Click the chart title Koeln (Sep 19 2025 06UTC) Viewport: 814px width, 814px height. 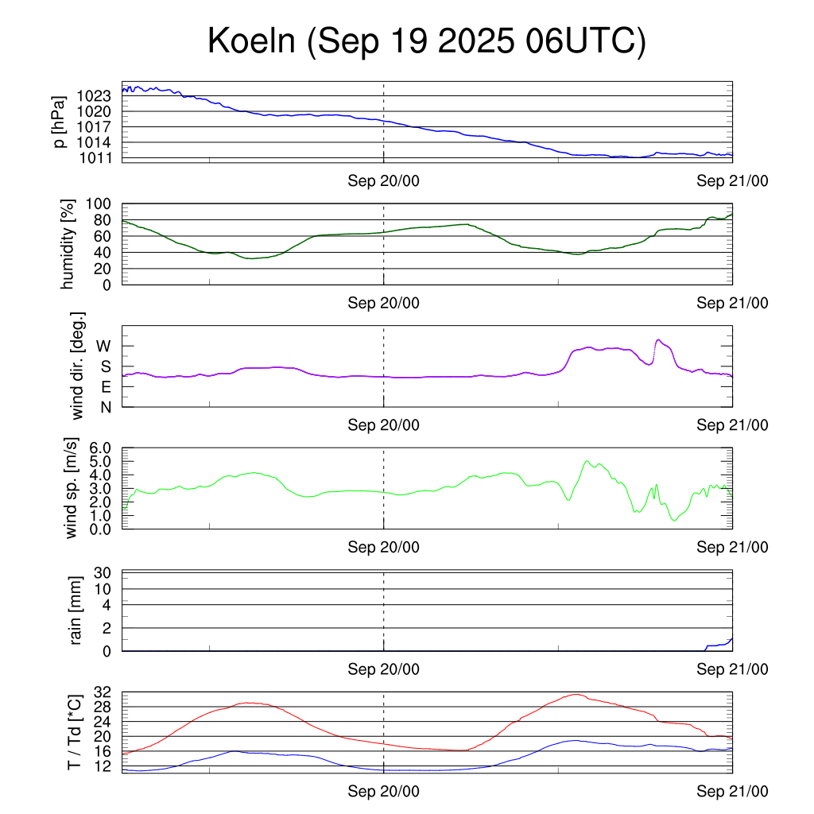pos(427,41)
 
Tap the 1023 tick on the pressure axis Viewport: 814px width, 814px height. pos(94,96)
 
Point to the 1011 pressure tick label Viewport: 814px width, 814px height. pos(94,158)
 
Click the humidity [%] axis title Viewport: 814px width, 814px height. pos(68,245)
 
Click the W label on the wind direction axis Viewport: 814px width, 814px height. pos(104,347)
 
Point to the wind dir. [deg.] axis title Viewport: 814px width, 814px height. pos(77,366)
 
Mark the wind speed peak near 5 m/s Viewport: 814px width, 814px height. pos(587,461)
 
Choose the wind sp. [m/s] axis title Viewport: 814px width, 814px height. pos(72,489)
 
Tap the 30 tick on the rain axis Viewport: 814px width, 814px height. pos(103,572)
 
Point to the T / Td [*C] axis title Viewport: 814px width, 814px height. pos(74,732)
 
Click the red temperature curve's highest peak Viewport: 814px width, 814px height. pos(576,694)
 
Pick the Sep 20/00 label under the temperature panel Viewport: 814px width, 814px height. pos(383,792)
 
